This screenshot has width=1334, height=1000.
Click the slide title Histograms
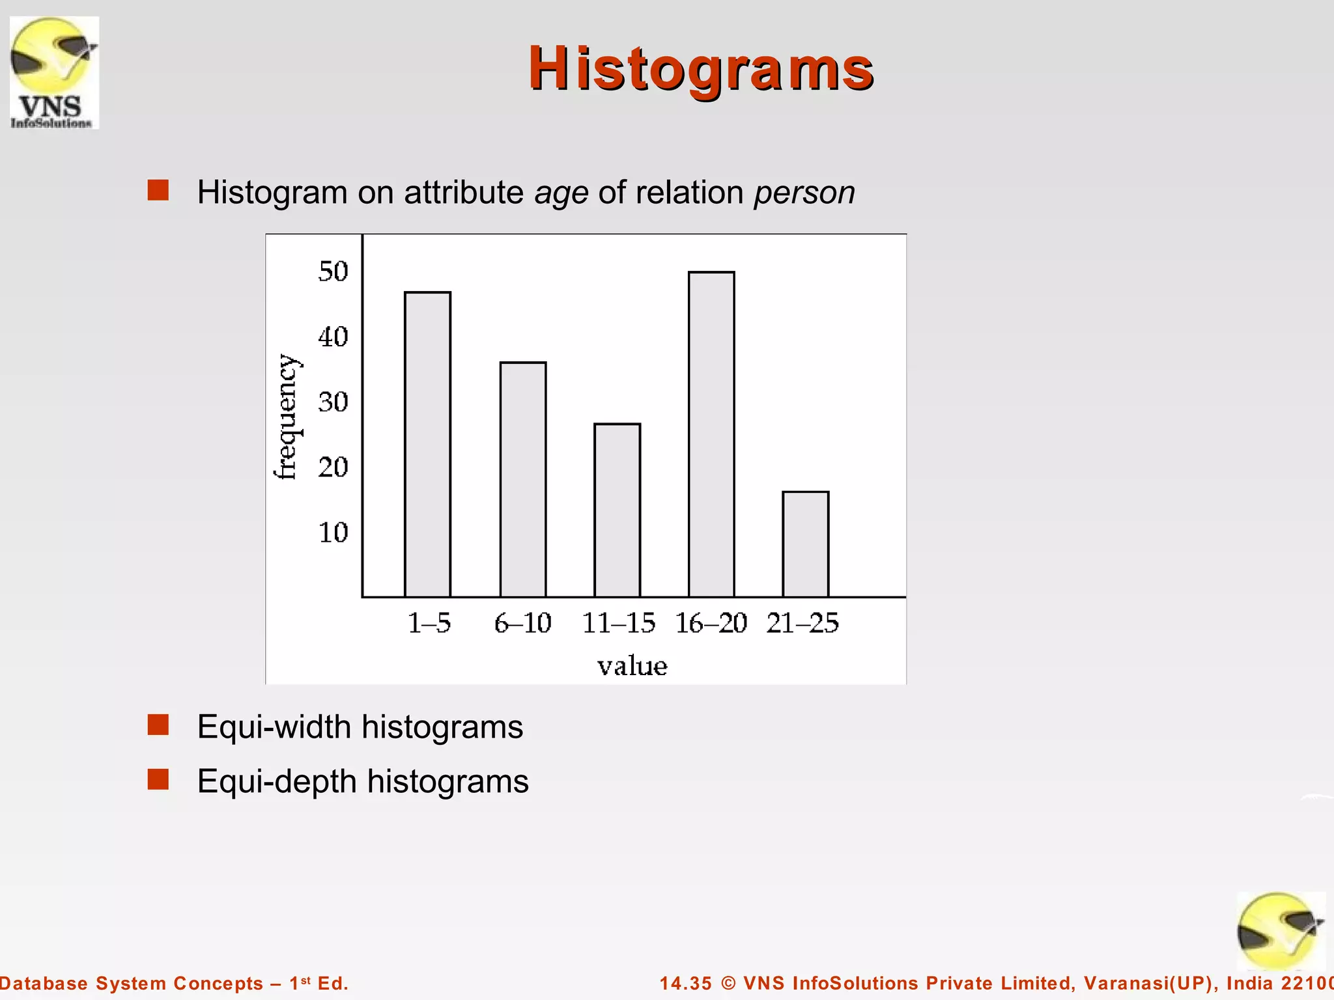[x=700, y=69]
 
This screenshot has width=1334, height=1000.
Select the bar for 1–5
[x=427, y=444]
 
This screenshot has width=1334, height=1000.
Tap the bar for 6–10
[x=522, y=479]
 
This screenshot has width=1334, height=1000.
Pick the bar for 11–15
[x=617, y=510]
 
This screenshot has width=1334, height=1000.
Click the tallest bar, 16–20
[x=711, y=434]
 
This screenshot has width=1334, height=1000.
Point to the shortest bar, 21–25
[x=805, y=544]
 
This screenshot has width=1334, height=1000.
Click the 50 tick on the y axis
[x=333, y=271]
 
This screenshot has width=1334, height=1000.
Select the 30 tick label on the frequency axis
[x=333, y=402]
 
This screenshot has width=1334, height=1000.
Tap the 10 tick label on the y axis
[x=333, y=533]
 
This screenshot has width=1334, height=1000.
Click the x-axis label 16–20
[x=711, y=623]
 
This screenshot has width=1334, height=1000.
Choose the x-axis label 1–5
[x=429, y=623]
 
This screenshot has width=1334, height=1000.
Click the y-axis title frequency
[x=286, y=417]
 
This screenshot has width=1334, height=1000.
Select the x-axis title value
[x=632, y=666]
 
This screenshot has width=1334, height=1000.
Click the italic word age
[x=561, y=193]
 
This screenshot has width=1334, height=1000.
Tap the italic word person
[x=804, y=193]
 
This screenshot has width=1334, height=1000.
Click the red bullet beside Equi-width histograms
[x=158, y=725]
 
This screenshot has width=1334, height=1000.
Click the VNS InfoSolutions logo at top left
[x=54, y=73]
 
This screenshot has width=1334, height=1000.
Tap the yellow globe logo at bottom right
[x=1280, y=931]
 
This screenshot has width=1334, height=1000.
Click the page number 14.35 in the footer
[x=685, y=983]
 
